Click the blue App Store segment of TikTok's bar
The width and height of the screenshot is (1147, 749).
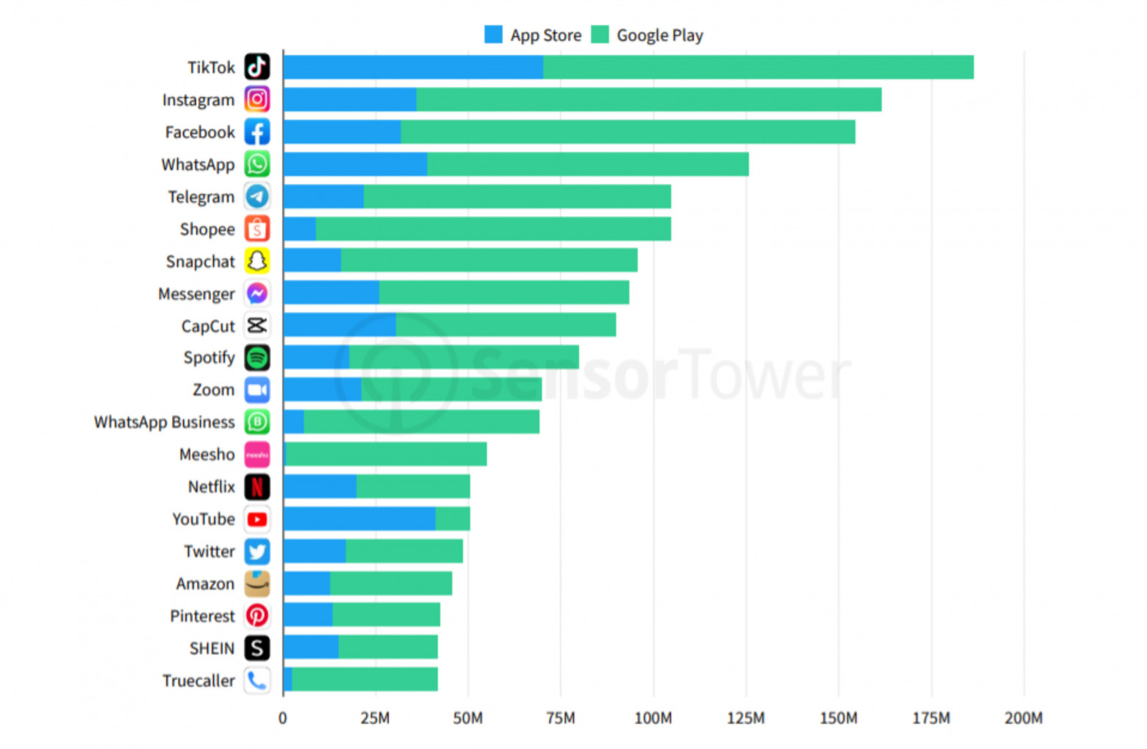[412, 67]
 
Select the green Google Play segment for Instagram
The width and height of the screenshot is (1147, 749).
[648, 99]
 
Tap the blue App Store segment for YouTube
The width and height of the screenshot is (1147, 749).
[359, 519]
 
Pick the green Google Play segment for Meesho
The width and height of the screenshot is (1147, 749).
[386, 454]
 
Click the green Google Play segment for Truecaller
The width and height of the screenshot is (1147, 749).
[365, 679]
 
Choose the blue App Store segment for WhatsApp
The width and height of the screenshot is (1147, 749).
[355, 164]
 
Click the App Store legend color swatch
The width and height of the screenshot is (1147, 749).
[493, 35]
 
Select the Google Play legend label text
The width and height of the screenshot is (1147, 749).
[660, 35]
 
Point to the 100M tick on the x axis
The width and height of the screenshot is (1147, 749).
[653, 718]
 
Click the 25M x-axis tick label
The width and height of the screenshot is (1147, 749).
[375, 718]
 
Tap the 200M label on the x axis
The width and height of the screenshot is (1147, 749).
[1023, 718]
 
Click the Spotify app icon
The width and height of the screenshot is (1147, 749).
[257, 358]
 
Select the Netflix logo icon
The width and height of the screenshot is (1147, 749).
[257, 486]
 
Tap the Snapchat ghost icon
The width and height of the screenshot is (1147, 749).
[257, 261]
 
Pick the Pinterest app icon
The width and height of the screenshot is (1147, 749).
[257, 616]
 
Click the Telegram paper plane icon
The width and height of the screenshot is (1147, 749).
[257, 196]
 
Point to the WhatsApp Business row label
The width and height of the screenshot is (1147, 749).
[164, 422]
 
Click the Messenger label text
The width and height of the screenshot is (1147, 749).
[196, 294]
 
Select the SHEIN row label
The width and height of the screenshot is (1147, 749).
[212, 648]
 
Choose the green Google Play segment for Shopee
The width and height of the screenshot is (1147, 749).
[493, 229]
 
